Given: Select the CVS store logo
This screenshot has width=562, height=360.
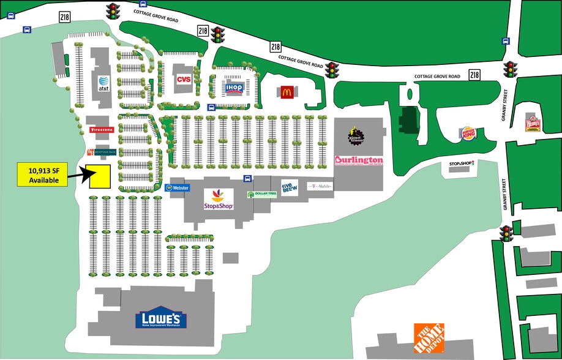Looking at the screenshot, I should pyautogui.click(x=184, y=80).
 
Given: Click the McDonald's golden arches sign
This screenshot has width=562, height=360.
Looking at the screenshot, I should pyautogui.click(x=286, y=92).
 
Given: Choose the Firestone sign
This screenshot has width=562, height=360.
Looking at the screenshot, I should pyautogui.click(x=101, y=130).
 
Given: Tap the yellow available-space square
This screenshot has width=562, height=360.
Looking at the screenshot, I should pyautogui.click(x=99, y=176).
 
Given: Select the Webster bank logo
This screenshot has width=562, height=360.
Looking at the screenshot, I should pyautogui.click(x=178, y=188).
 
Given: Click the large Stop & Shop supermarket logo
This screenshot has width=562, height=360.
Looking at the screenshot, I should pyautogui.click(x=219, y=200).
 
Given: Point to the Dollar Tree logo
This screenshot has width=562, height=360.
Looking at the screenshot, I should pyautogui.click(x=261, y=194).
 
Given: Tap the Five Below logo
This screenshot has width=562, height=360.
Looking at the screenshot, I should pyautogui.click(x=290, y=186).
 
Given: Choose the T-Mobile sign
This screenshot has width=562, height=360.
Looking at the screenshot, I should pyautogui.click(x=319, y=185).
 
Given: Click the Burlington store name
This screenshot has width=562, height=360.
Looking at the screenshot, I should pyautogui.click(x=359, y=160).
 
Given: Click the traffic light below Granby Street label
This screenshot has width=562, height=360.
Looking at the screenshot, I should pyautogui.click(x=507, y=233).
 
